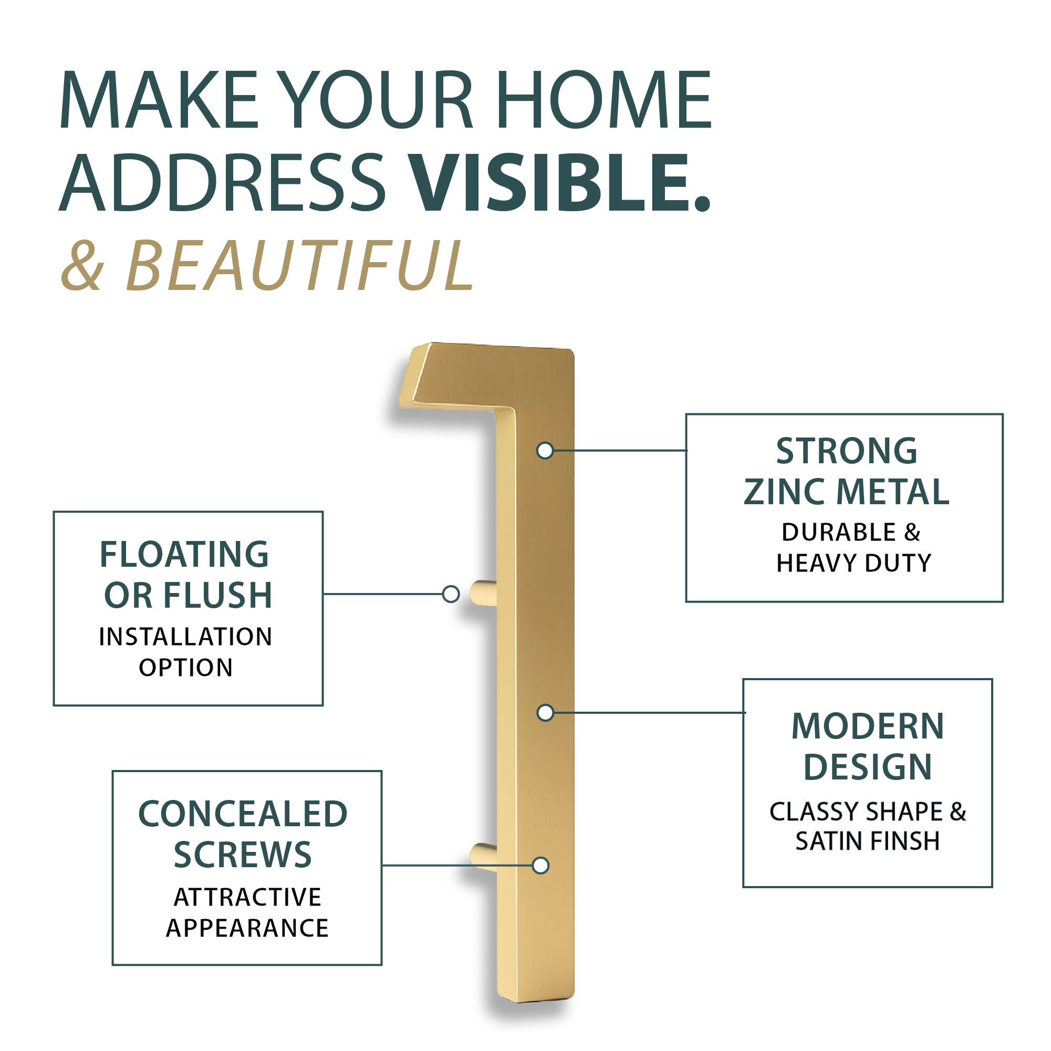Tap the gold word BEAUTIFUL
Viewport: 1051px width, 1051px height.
[x=300, y=265]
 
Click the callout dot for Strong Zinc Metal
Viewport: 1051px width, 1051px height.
[x=545, y=451]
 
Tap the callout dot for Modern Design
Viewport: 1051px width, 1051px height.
[x=545, y=713]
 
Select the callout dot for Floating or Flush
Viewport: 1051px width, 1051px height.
[x=451, y=594]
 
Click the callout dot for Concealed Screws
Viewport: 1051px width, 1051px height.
[x=541, y=865]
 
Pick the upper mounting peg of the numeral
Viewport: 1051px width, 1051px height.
[x=484, y=594]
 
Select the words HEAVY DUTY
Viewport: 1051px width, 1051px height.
[x=854, y=563]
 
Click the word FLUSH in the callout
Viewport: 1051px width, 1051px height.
[x=217, y=595]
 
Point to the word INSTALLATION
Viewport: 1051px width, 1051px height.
[x=185, y=637]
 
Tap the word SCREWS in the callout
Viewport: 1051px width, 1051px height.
[x=243, y=855]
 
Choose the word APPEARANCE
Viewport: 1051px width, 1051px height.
[x=247, y=928]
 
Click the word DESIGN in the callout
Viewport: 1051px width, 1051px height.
[x=868, y=767]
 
